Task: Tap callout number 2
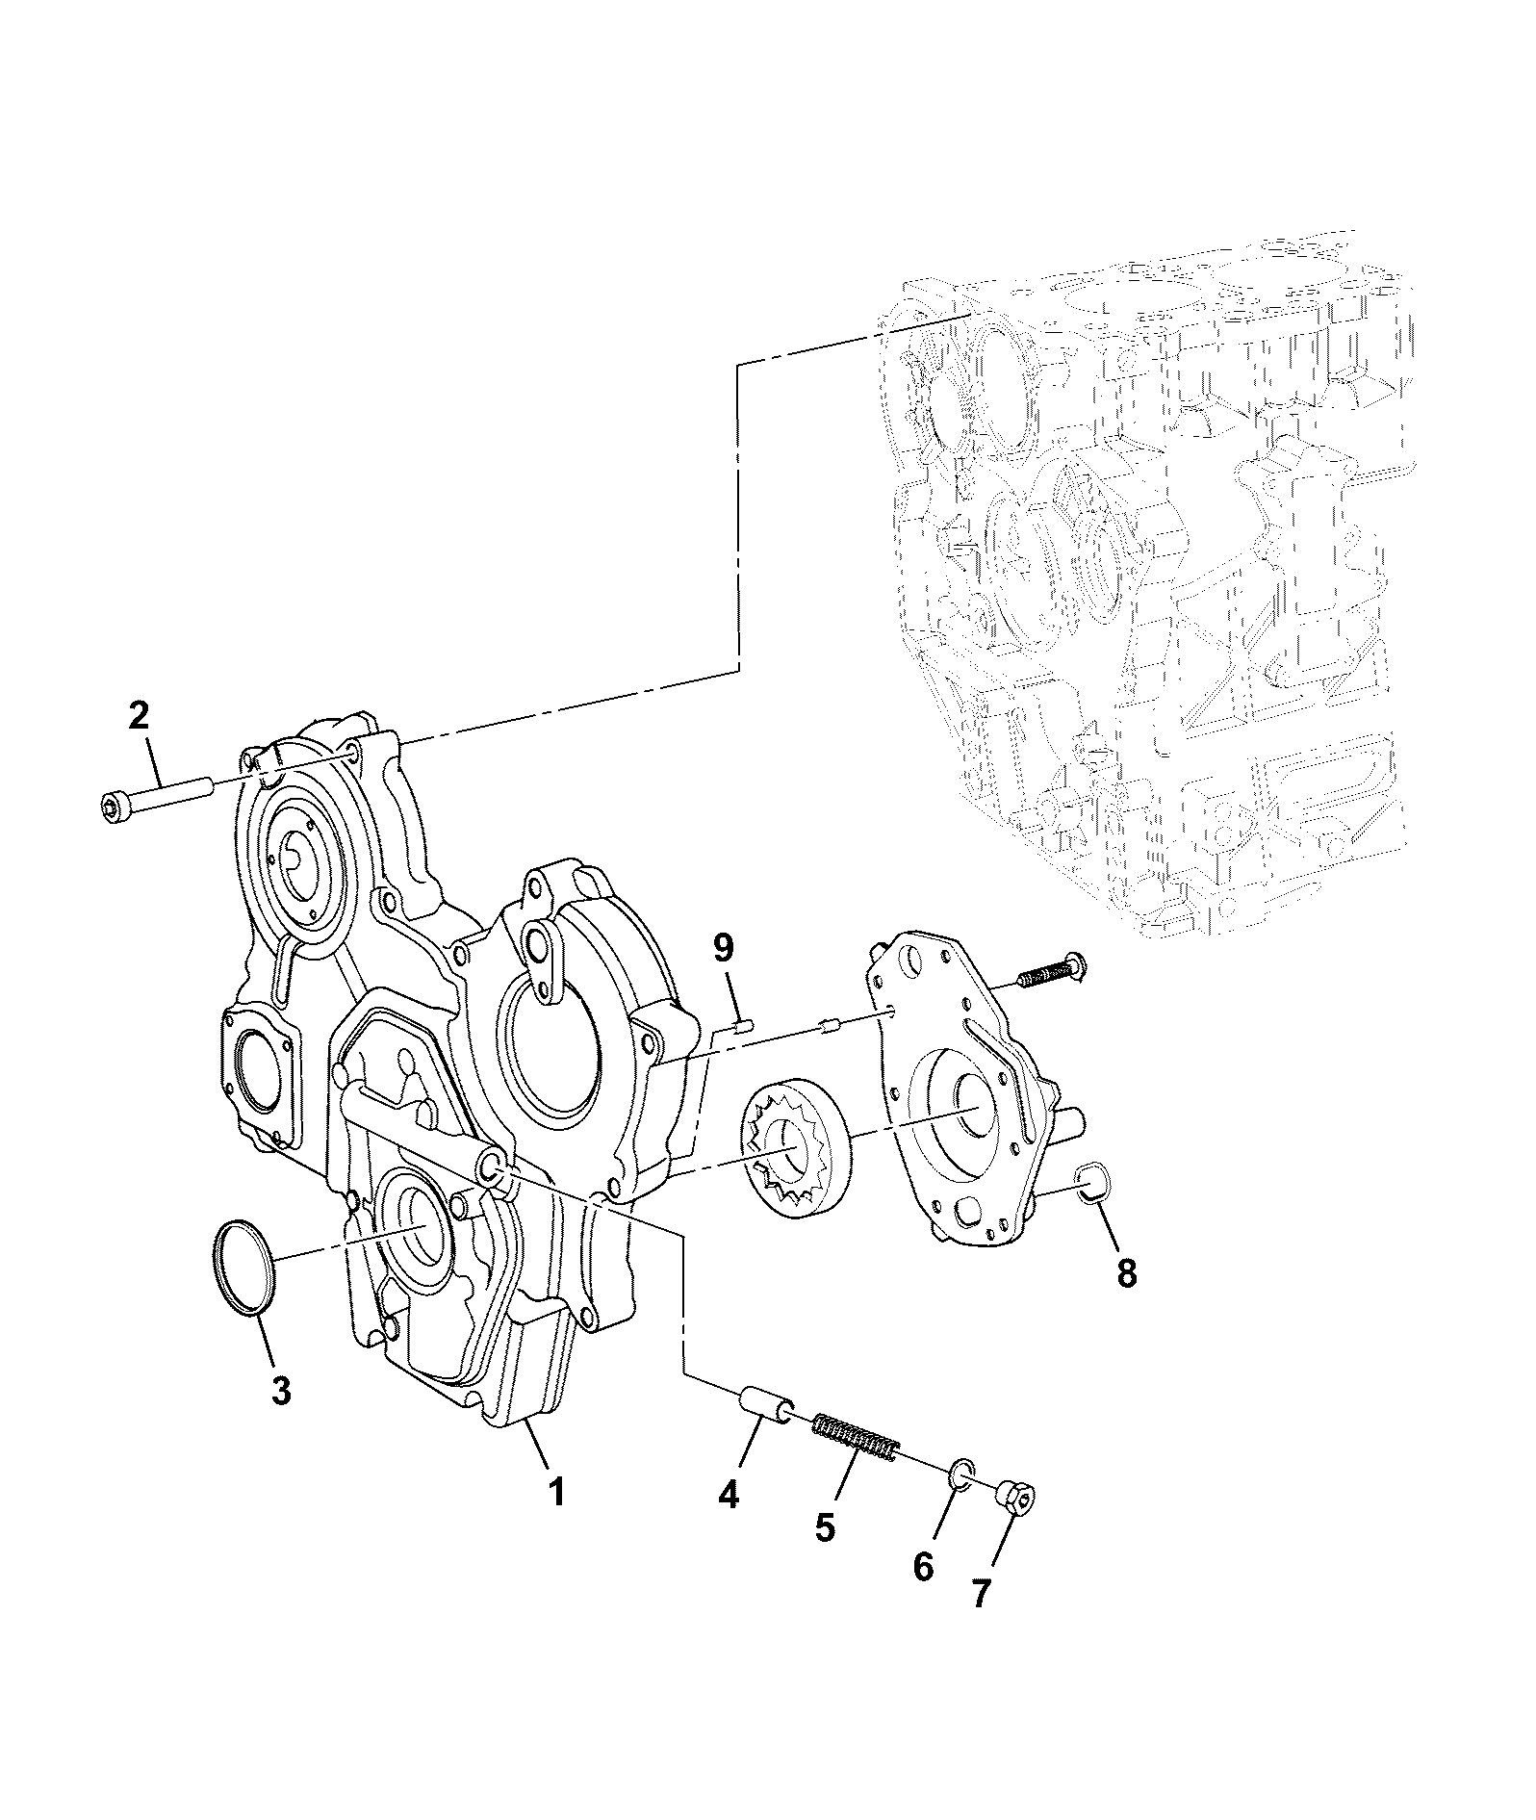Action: click(x=140, y=716)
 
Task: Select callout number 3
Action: click(x=280, y=1392)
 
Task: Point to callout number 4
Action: click(x=729, y=1521)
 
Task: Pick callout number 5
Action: click(x=825, y=1554)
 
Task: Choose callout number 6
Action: click(x=923, y=1593)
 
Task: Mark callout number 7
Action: click(x=980, y=1622)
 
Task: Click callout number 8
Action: click(x=1126, y=1272)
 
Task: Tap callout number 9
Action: click(x=723, y=949)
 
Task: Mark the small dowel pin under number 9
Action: click(x=740, y=1028)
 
